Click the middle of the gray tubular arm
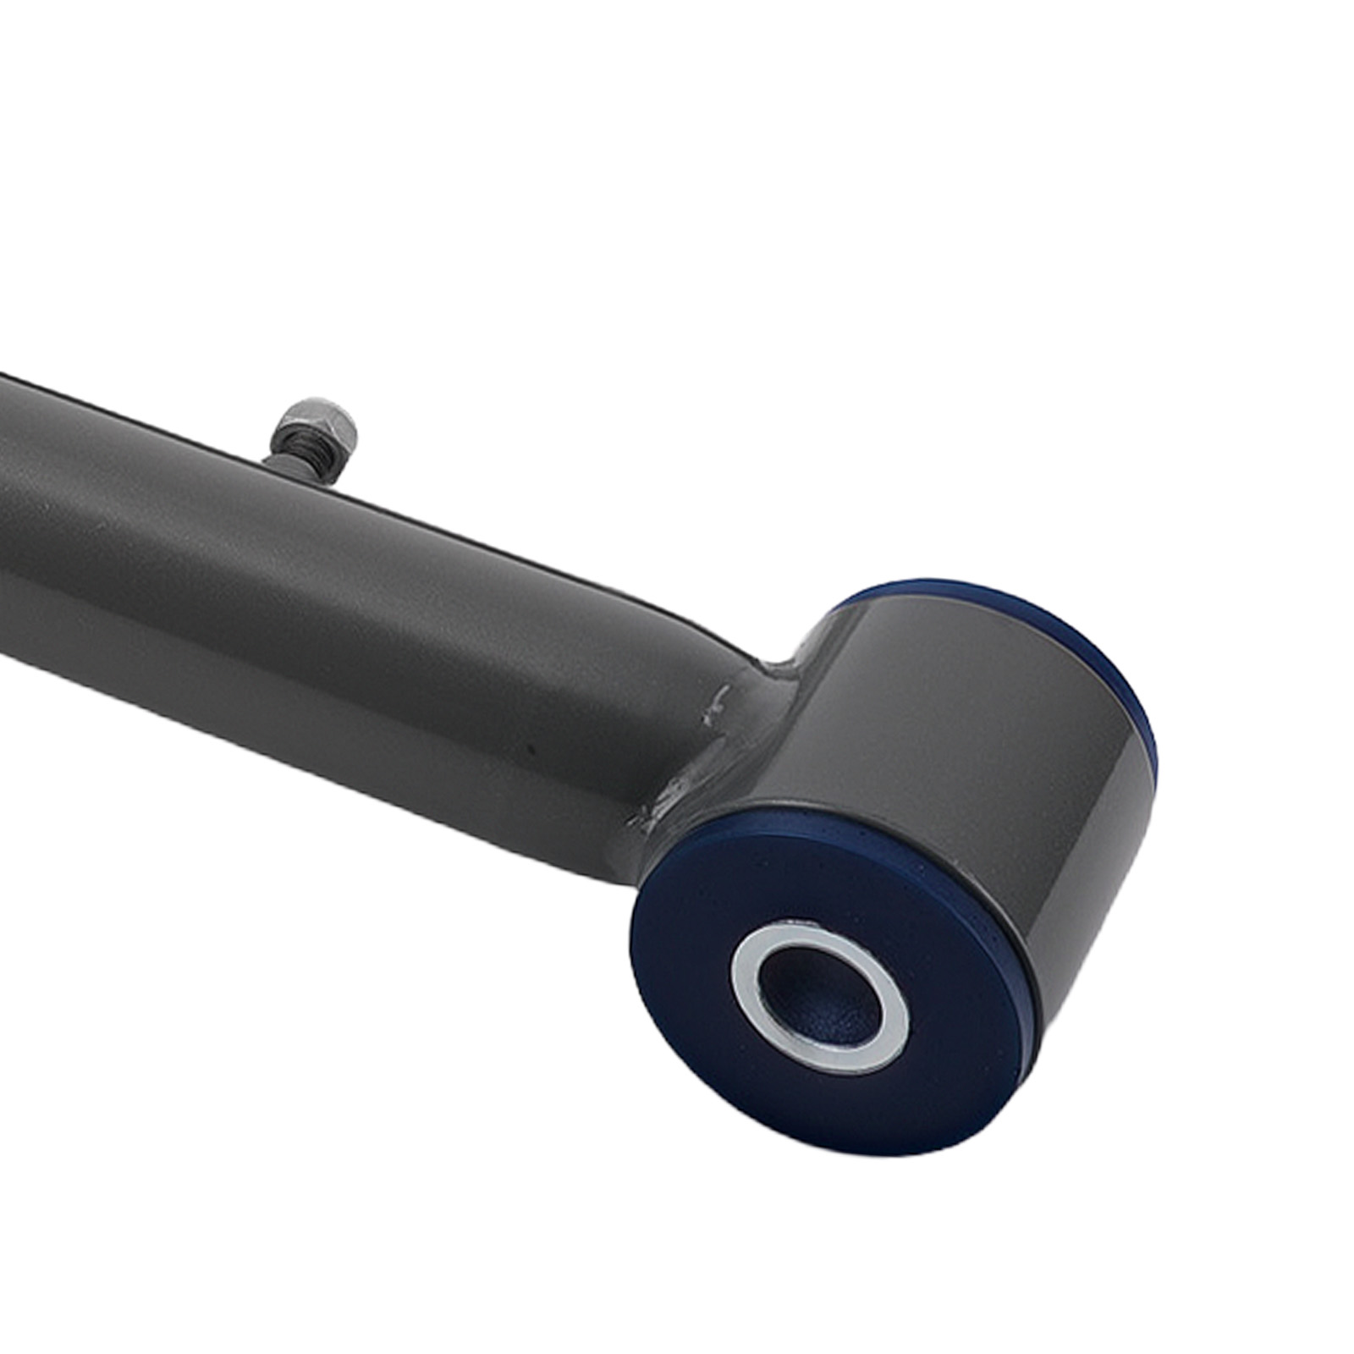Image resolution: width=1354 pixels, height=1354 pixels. (338, 609)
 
